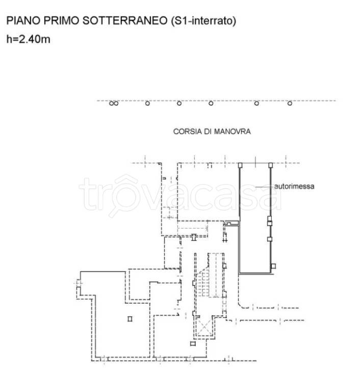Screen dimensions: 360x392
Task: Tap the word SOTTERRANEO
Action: tap(125, 20)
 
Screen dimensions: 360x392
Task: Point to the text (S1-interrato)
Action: tap(203, 21)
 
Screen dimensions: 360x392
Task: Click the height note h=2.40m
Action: tap(28, 39)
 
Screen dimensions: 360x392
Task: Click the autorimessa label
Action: tap(294, 186)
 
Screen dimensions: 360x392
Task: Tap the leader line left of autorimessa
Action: tap(264, 187)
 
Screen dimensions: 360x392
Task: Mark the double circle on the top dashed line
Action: tap(114, 103)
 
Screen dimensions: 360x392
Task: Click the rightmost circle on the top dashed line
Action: tap(290, 103)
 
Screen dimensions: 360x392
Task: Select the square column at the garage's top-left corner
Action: tap(240, 165)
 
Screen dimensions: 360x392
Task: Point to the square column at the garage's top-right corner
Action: tap(271, 165)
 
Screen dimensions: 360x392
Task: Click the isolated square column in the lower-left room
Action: tap(130, 318)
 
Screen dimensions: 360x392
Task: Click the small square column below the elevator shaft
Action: tap(193, 344)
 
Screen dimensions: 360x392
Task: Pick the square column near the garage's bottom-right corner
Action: tap(273, 266)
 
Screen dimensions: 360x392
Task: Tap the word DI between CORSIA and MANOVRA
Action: tap(208, 132)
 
